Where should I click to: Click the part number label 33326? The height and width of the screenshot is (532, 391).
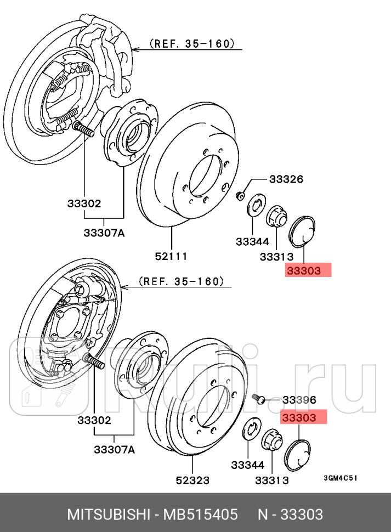point(285,180)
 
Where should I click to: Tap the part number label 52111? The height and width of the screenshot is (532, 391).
point(171,256)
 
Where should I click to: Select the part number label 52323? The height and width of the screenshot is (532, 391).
point(192,480)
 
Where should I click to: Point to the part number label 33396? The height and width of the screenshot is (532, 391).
point(298,400)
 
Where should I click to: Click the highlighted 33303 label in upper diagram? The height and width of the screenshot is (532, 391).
point(309,270)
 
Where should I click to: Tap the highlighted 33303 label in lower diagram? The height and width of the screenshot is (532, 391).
point(304,417)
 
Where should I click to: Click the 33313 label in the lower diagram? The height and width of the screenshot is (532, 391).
point(271,480)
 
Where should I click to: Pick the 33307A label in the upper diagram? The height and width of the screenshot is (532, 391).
point(104,233)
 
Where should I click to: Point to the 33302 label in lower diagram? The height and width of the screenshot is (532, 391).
point(94,421)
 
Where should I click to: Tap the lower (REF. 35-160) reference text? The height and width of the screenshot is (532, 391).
point(181,281)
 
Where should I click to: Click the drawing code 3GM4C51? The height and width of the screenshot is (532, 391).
point(340,477)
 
